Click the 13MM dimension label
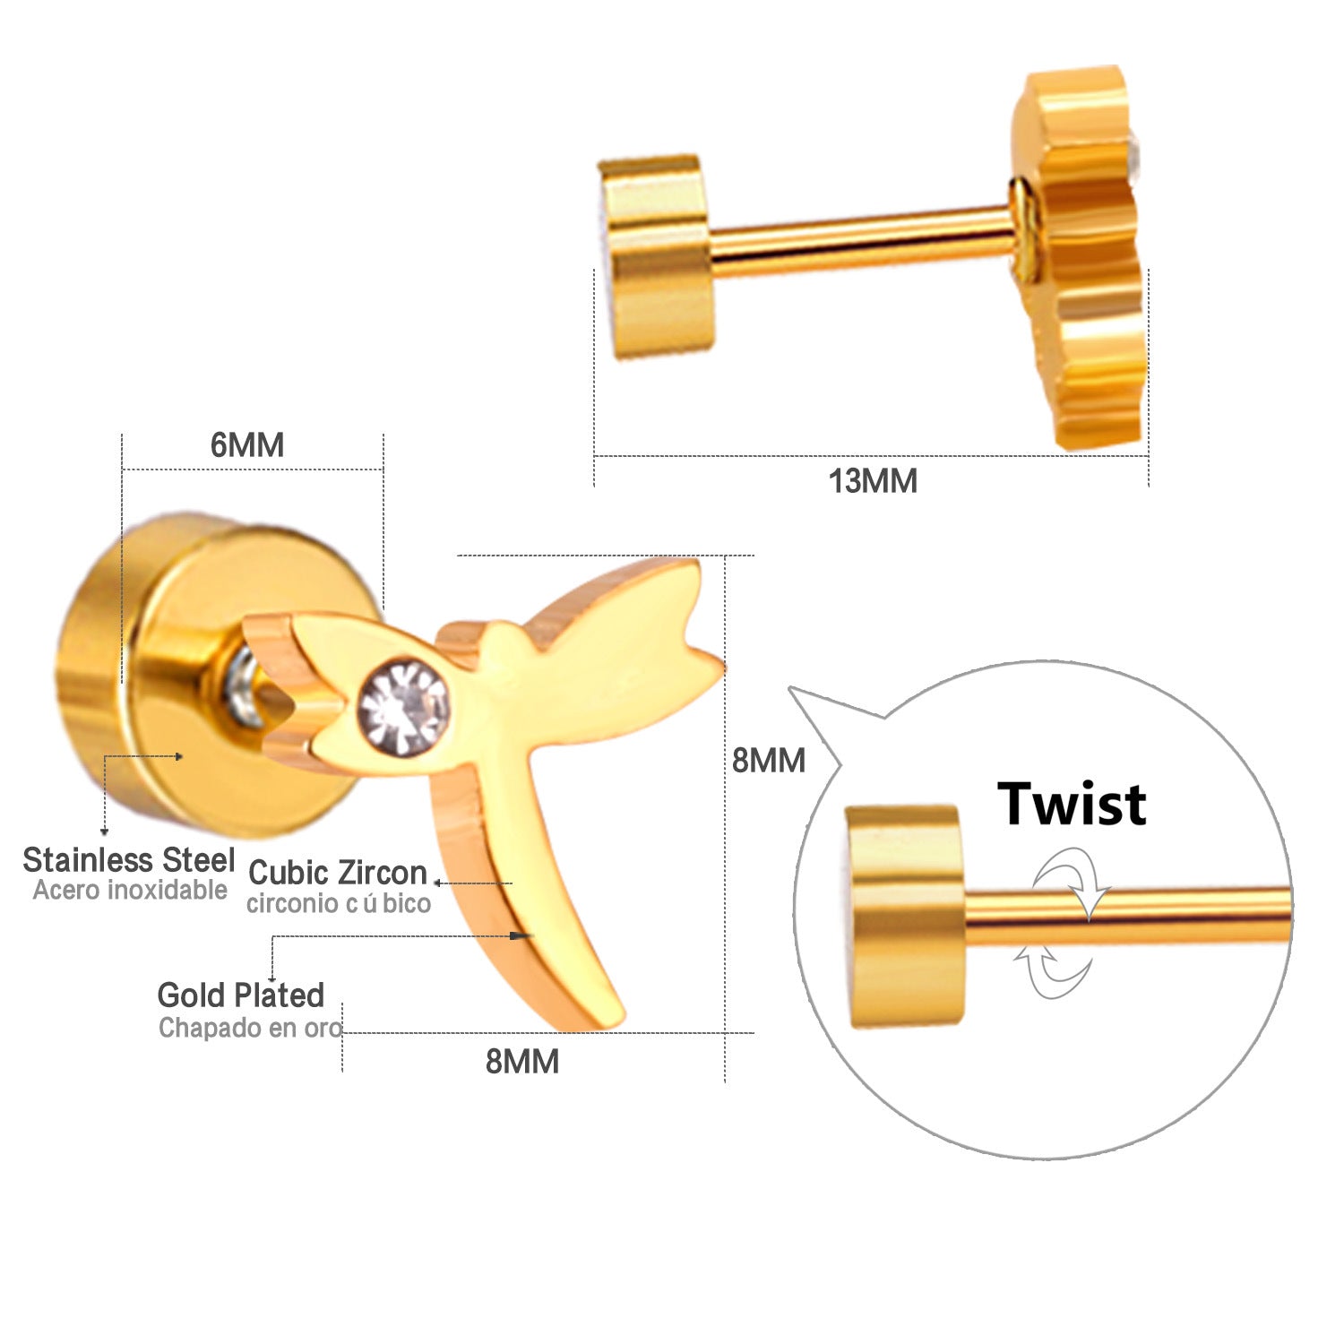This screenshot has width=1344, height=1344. [873, 481]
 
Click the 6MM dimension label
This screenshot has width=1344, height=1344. [247, 445]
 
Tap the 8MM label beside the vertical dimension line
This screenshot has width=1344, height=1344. [769, 761]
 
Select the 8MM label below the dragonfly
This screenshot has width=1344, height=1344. [522, 1062]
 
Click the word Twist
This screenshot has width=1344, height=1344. [1072, 804]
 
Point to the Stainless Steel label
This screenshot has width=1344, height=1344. [129, 860]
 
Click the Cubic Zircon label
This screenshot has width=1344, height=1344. [338, 873]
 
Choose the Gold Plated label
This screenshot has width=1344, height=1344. [240, 995]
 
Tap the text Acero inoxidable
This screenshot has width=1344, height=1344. [131, 891]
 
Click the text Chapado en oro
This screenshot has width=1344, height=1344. [250, 1028]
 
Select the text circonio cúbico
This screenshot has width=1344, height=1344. [339, 903]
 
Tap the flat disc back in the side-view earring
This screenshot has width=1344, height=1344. [658, 258]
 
